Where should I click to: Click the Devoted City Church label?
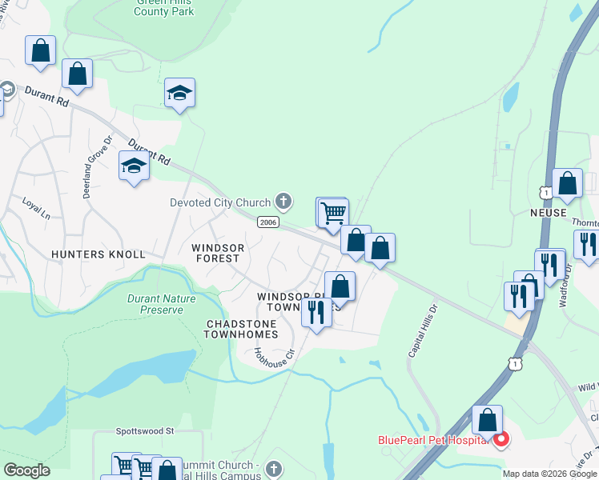point(220,202)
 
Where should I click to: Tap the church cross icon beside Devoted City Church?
point(283,200)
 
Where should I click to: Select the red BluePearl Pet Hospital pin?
point(501,439)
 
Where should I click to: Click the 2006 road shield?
point(267,222)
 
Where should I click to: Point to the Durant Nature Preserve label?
point(161,304)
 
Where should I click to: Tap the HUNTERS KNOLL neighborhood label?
point(98,254)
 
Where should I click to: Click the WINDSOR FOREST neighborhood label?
point(216,253)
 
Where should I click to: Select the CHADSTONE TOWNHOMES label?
point(242,329)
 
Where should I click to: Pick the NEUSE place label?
point(548,214)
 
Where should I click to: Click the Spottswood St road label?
point(144,430)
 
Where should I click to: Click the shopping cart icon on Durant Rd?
point(332,213)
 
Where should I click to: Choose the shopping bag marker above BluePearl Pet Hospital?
point(487,419)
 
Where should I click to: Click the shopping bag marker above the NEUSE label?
point(568,183)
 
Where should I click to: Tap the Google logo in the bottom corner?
point(26,470)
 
